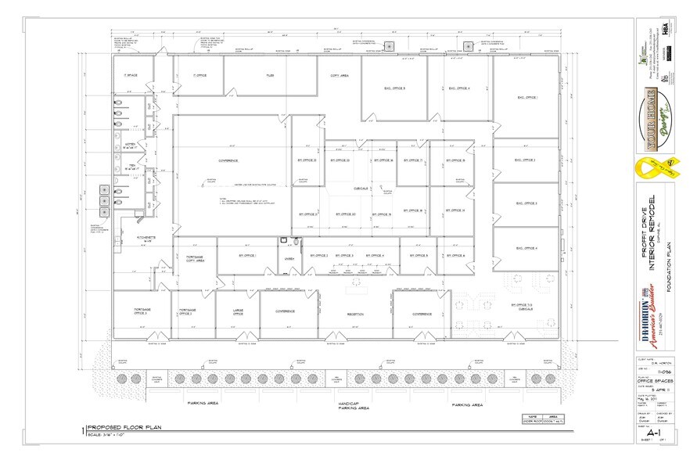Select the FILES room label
[x=268, y=77]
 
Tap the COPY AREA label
[x=339, y=77]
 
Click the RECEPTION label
[x=356, y=316]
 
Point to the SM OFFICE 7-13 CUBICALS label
[x=521, y=307]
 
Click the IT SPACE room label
[x=131, y=75]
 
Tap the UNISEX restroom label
[x=287, y=259]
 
